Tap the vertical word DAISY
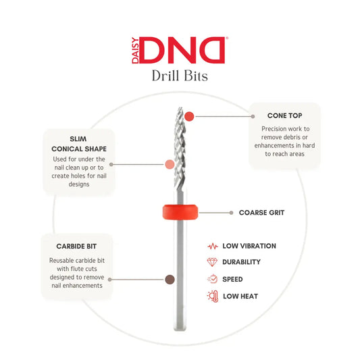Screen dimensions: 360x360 135,50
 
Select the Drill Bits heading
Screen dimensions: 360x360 180,76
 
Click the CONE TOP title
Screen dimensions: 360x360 284,115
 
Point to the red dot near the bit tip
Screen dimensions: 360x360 189,116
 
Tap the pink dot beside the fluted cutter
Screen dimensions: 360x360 170,164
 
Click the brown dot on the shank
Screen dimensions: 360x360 170,280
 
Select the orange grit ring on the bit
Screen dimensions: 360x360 180,212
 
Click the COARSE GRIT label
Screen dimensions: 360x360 261,213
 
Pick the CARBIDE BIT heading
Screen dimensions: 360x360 76,247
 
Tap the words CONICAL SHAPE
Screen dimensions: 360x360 79,149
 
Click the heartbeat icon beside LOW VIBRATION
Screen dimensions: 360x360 213,246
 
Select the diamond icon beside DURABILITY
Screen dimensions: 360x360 212,262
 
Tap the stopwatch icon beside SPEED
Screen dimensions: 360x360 212,279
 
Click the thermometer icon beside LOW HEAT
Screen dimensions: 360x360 213,297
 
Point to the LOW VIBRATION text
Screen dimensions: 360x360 249,246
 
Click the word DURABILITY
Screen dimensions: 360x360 241,262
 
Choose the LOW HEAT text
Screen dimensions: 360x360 240,297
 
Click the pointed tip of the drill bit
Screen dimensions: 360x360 180,107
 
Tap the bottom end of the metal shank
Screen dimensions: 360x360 180,330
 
